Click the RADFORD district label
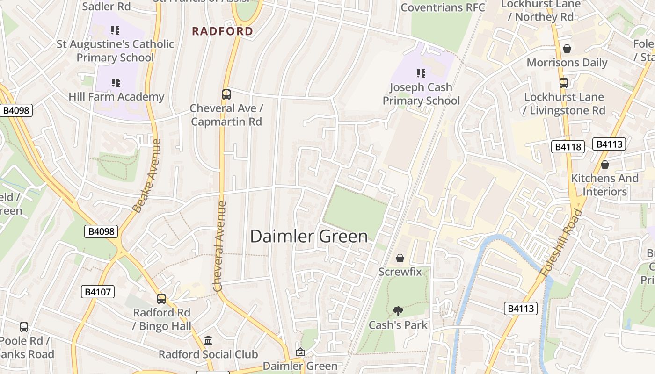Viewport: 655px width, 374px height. pyautogui.click(x=223, y=31)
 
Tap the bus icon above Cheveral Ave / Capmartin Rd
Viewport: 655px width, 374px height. pyautogui.click(x=226, y=94)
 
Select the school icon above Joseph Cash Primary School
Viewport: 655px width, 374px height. pyautogui.click(x=421, y=73)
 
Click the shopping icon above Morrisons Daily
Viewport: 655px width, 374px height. pyautogui.click(x=567, y=49)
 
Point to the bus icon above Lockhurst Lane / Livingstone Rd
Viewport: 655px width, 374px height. pyautogui.click(x=564, y=83)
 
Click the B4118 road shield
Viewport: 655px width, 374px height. pyautogui.click(x=568, y=147)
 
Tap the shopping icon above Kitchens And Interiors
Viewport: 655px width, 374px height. pyautogui.click(x=605, y=165)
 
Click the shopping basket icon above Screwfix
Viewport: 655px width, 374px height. pyautogui.click(x=400, y=258)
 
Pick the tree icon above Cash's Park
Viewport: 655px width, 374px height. pyautogui.click(x=398, y=311)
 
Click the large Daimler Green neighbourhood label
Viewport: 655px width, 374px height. pyautogui.click(x=309, y=236)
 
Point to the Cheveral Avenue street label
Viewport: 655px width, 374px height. pyautogui.click(x=219, y=246)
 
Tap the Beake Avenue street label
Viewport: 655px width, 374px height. pyautogui.click(x=146, y=175)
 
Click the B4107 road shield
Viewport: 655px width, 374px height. pyautogui.click(x=98, y=292)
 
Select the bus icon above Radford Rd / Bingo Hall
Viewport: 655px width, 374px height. pyautogui.click(x=161, y=298)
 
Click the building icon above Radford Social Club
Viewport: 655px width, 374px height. pyautogui.click(x=208, y=340)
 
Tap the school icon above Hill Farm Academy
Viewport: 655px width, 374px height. pyautogui.click(x=116, y=83)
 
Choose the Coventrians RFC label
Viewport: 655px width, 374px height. pyautogui.click(x=443, y=7)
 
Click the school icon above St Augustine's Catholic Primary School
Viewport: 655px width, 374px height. pyautogui.click(x=115, y=30)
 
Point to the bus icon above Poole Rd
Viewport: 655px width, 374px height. pyautogui.click(x=24, y=327)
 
